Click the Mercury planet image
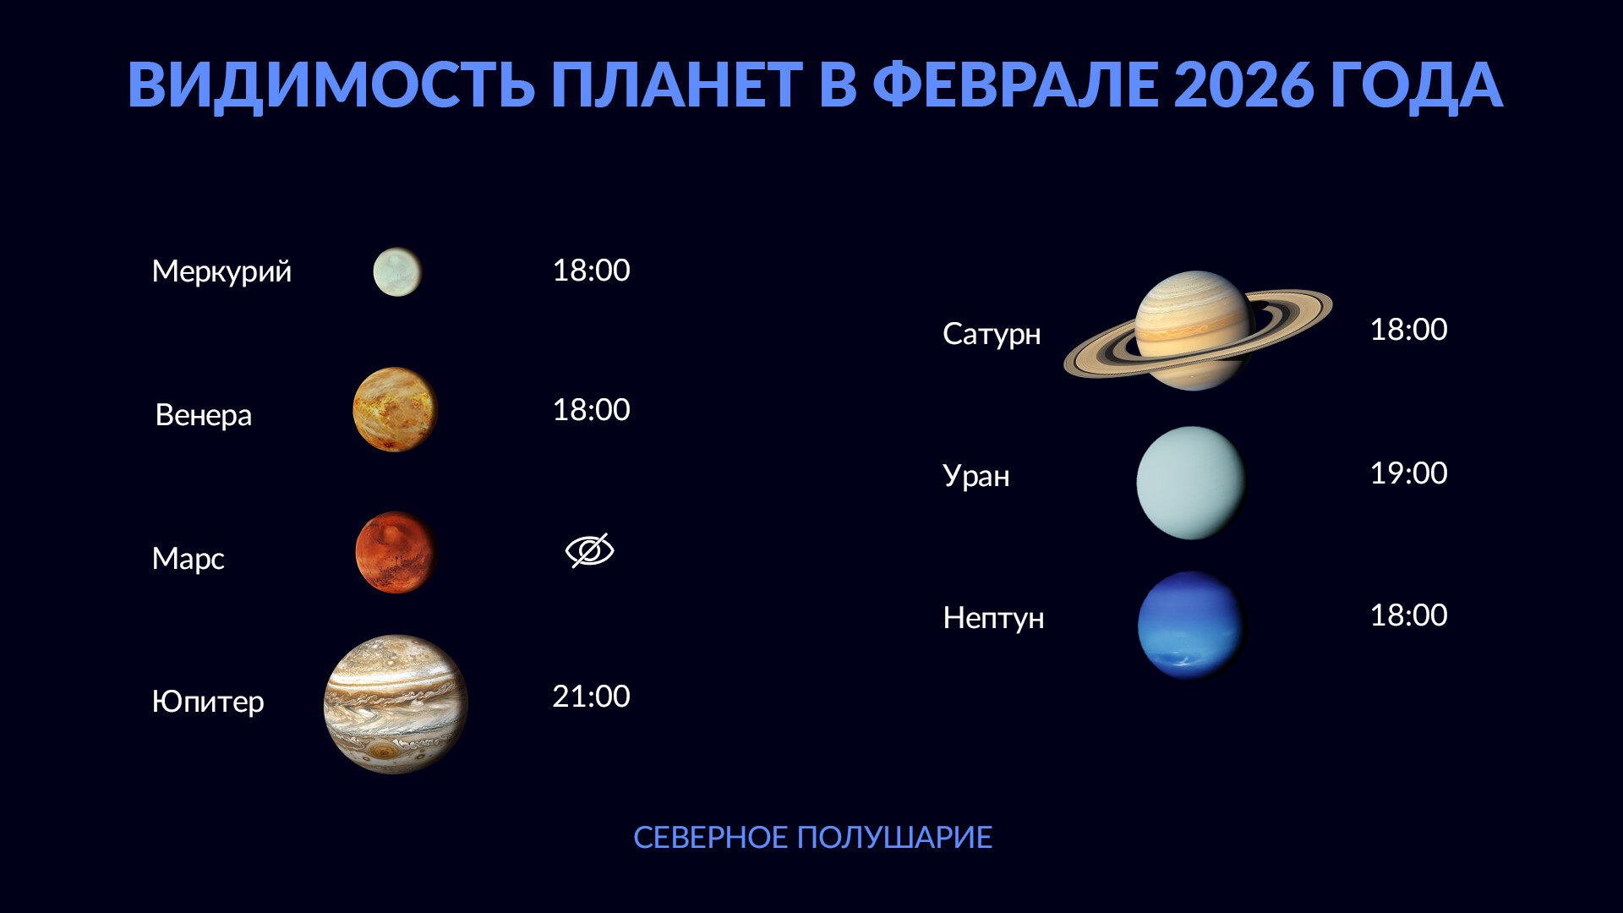tap(397, 271)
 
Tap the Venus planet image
tap(395, 409)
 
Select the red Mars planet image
tap(396, 552)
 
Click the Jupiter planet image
tap(396, 703)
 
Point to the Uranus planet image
tap(1191, 483)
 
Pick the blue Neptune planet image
tap(1192, 625)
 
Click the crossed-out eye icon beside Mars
tap(589, 550)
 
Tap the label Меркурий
tap(221, 271)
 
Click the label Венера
tap(204, 415)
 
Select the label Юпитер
tap(208, 702)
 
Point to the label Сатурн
tap(992, 335)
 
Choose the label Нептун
tap(993, 618)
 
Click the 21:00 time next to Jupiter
tap(591, 696)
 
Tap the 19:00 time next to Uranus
tap(1408, 473)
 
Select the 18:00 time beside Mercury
tap(591, 270)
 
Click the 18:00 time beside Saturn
tap(1408, 329)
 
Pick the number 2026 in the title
tap(1243, 85)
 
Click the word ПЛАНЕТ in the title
tap(676, 85)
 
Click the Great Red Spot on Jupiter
tap(385, 751)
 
